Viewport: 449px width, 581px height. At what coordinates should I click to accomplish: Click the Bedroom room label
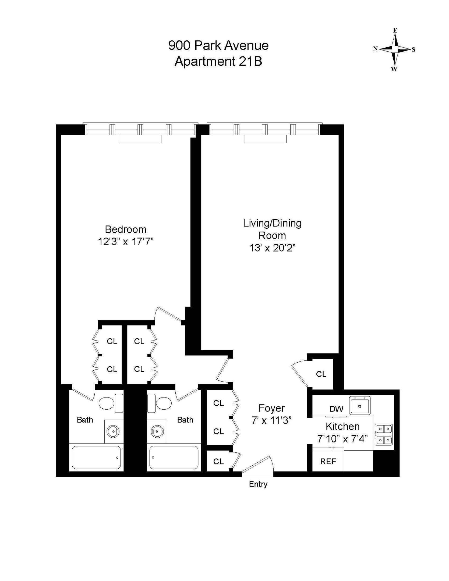click(x=126, y=229)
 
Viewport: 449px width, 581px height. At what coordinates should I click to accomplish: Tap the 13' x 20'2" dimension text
click(x=272, y=248)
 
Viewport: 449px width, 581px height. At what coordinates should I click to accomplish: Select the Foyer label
click(x=271, y=408)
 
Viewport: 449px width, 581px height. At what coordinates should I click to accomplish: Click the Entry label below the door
click(x=258, y=484)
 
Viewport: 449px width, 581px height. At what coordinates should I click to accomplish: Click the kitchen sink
click(x=360, y=406)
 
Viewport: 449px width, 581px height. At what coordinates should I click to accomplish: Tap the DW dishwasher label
click(x=336, y=409)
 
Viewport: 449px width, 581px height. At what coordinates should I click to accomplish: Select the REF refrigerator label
click(x=328, y=462)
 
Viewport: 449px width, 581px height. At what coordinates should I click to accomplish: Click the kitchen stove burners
click(x=384, y=434)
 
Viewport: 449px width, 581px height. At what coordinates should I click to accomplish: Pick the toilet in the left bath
click(x=108, y=403)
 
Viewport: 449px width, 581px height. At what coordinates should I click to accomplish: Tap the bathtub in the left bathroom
click(x=96, y=457)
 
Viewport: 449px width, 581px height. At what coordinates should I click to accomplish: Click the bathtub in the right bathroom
click(x=174, y=457)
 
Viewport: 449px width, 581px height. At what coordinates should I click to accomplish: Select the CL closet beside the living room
click(x=321, y=374)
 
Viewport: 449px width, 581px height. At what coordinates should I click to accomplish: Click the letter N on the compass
click(x=375, y=49)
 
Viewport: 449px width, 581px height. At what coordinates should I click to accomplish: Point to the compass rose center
click(x=395, y=49)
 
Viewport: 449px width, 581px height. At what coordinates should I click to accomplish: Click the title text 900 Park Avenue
click(x=218, y=45)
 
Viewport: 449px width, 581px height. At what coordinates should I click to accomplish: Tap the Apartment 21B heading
click(x=218, y=62)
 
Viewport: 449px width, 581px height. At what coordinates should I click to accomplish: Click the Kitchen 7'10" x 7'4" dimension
click(x=342, y=439)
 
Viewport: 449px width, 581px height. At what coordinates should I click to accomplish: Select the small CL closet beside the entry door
click(x=218, y=462)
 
